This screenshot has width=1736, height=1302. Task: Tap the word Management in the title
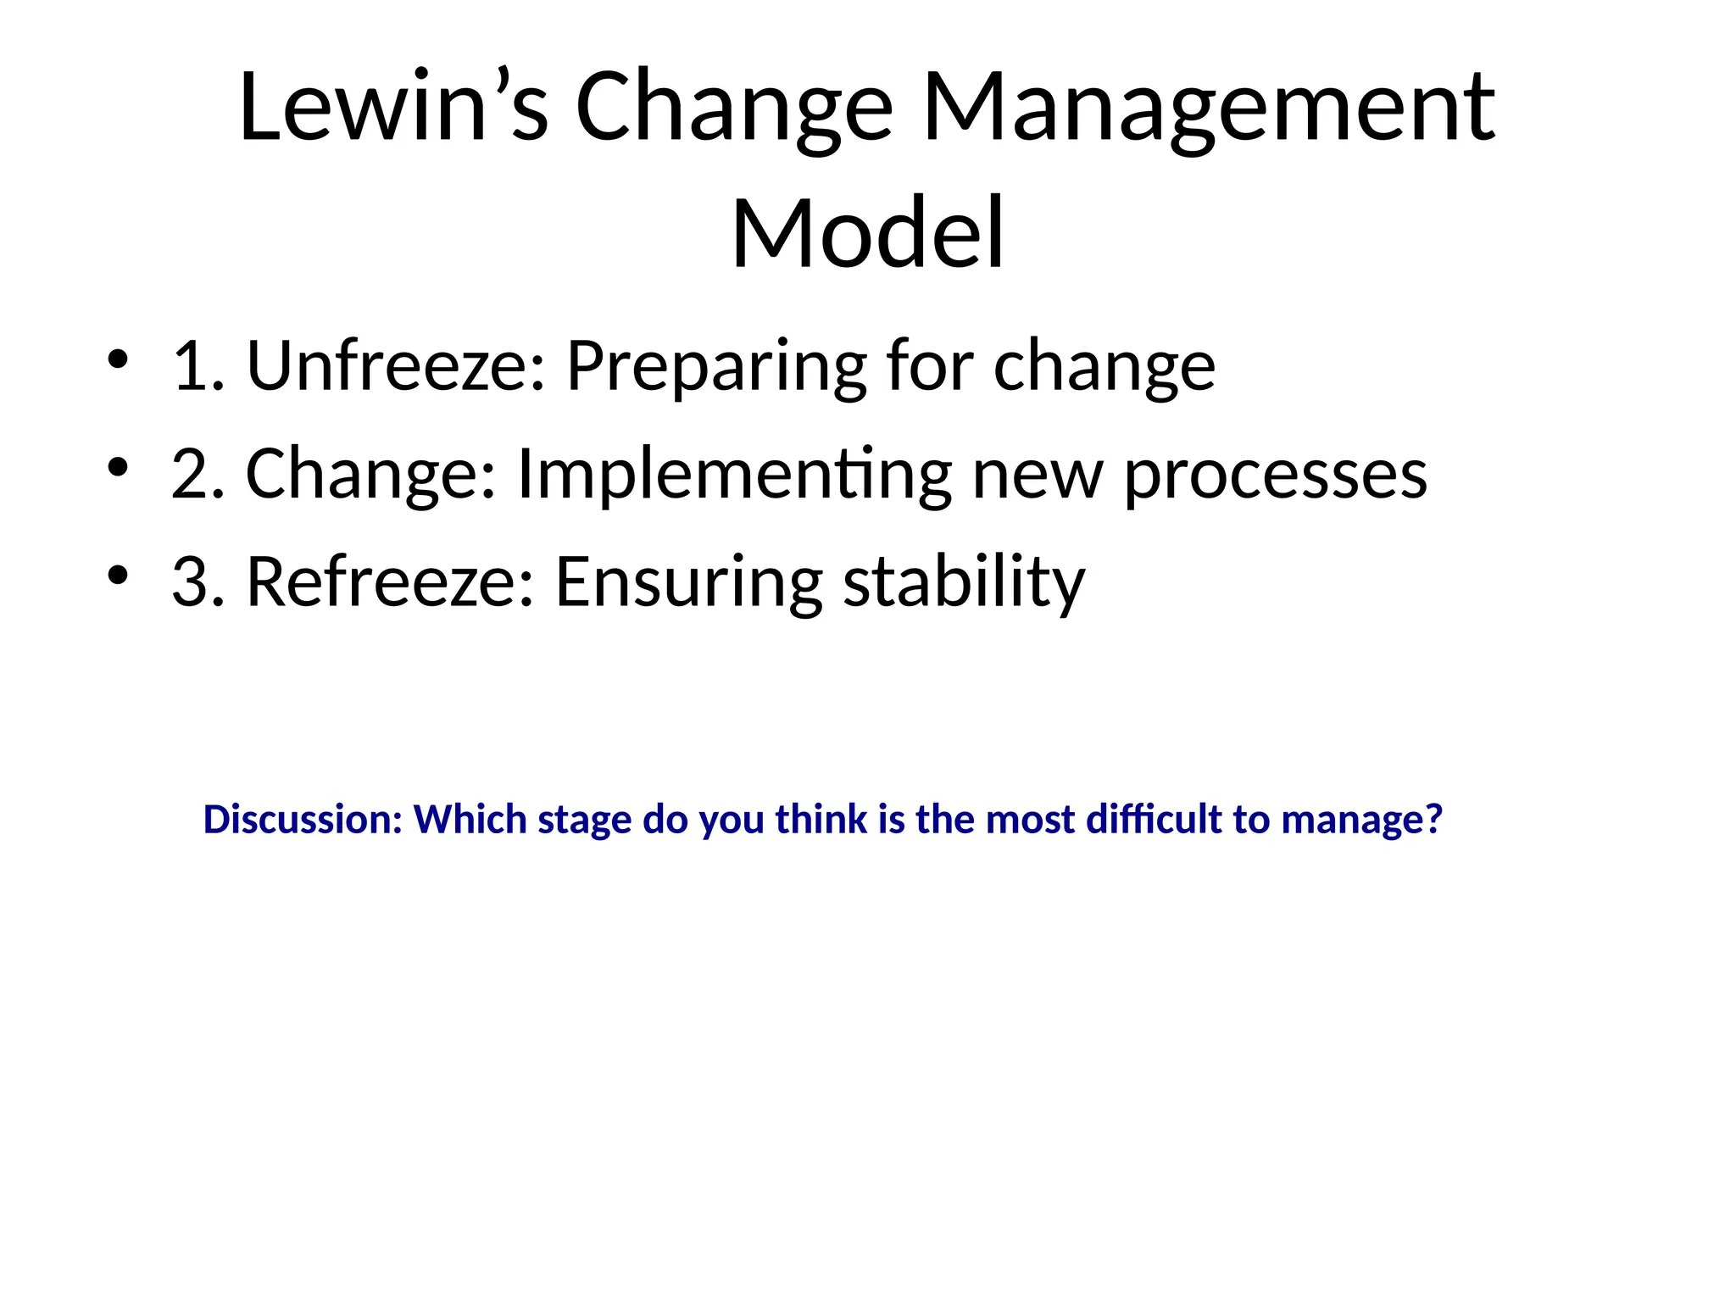click(1209, 108)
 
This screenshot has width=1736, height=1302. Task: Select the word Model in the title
click(868, 233)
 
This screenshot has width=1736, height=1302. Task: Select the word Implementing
click(734, 476)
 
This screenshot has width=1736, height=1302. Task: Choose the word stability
click(965, 582)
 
